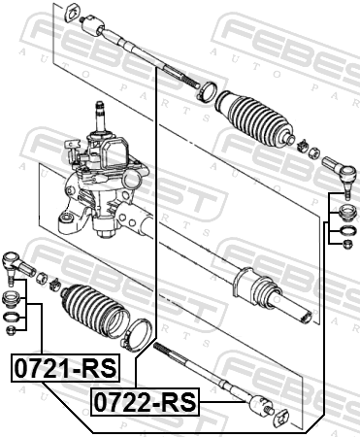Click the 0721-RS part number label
[66, 368]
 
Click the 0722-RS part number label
[146, 401]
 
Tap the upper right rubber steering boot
[254, 118]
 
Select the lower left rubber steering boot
[93, 311]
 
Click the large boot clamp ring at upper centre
[207, 92]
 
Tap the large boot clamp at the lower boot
[138, 335]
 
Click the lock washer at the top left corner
[72, 13]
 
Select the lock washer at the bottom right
[280, 417]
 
